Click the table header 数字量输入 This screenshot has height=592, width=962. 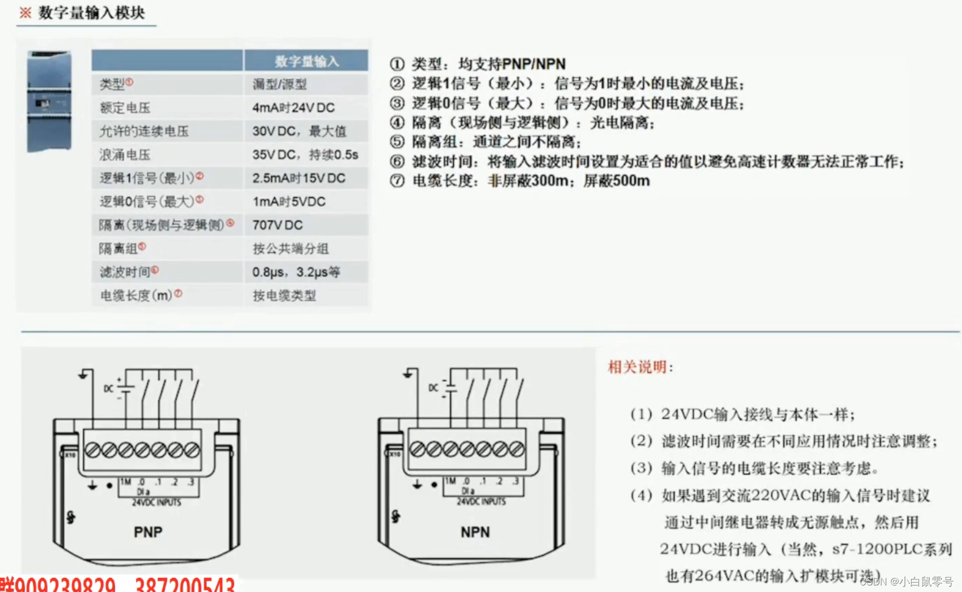click(x=306, y=61)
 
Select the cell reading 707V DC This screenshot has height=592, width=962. click(x=278, y=225)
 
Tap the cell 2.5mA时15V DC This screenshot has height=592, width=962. click(x=298, y=178)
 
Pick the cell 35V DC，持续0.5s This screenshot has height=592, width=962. click(x=305, y=155)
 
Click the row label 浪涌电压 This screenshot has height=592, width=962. click(x=125, y=155)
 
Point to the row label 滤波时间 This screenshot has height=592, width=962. click(x=125, y=272)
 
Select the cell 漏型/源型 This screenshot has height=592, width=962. click(x=279, y=84)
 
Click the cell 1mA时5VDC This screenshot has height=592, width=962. click(x=289, y=202)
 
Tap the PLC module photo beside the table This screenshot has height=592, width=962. click(x=49, y=101)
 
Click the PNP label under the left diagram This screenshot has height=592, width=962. click(x=148, y=532)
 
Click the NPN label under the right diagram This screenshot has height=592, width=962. click(x=475, y=532)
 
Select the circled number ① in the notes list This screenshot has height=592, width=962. click(x=397, y=64)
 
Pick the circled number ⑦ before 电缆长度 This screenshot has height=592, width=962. click(x=397, y=181)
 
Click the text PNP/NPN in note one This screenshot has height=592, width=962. click(x=534, y=64)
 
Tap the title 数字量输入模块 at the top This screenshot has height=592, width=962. click(x=91, y=13)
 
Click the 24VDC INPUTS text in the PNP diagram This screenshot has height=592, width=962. click(x=156, y=502)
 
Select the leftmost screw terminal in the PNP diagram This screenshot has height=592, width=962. click(x=93, y=450)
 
